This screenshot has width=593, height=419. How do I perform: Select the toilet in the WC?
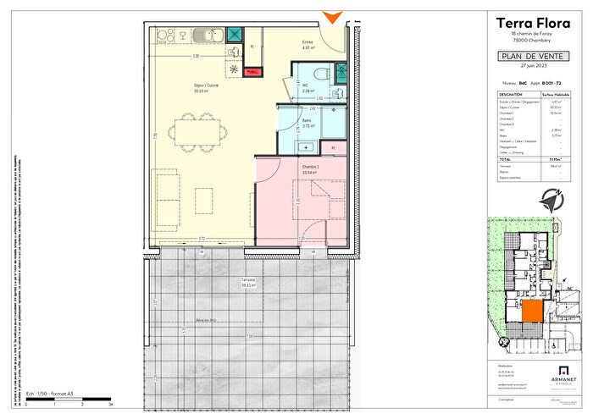(x=320, y=74)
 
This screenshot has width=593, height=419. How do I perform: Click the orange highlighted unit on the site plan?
(x=531, y=311)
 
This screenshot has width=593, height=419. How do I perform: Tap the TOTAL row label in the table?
(x=507, y=157)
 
